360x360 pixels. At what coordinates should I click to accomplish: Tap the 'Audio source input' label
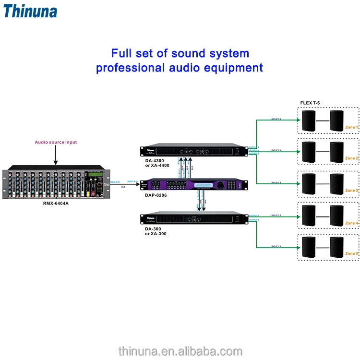(56, 142)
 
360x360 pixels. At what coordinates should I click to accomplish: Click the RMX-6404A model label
(55, 203)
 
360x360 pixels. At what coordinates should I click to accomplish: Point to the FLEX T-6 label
(310, 103)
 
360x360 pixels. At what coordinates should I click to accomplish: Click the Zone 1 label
(351, 127)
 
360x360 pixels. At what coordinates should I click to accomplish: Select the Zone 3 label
(351, 191)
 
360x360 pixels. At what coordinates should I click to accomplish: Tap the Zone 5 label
(351, 253)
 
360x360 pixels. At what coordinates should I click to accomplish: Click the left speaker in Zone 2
(309, 152)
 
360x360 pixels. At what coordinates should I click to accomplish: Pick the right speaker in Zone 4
(337, 216)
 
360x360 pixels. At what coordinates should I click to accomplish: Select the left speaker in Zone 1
(309, 120)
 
